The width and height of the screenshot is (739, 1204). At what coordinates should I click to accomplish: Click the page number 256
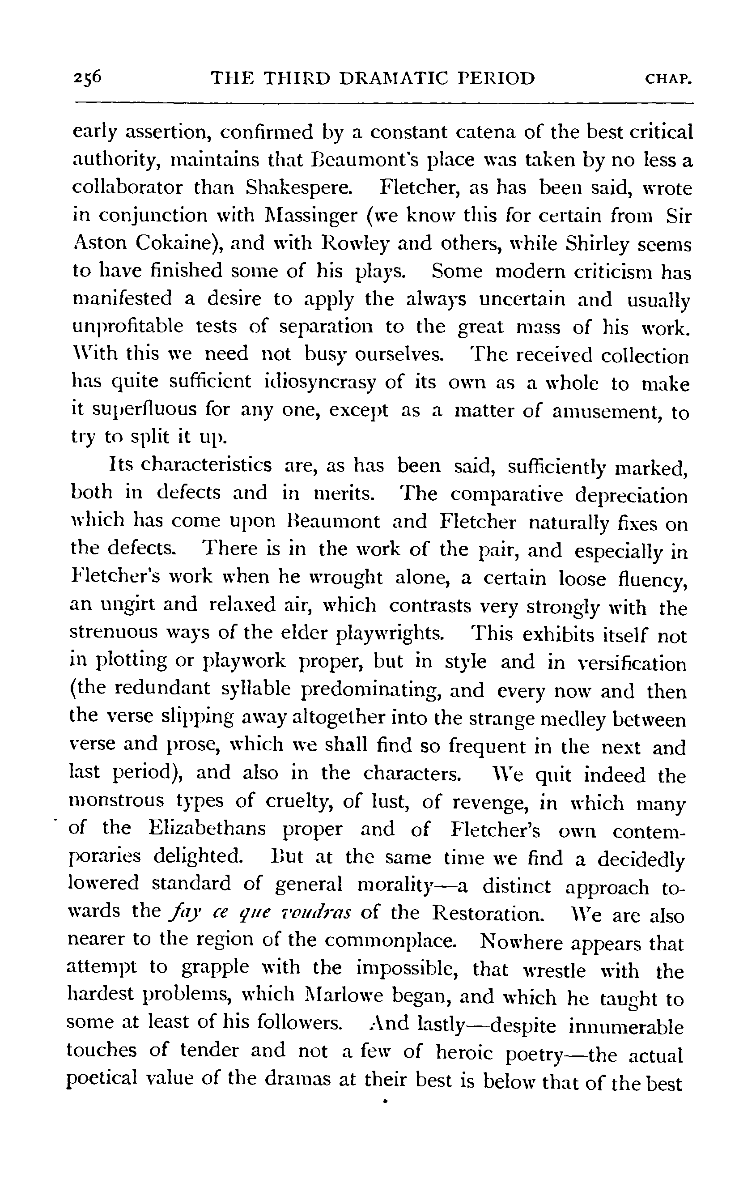(x=88, y=78)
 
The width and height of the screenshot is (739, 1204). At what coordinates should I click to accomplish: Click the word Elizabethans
(x=208, y=829)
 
